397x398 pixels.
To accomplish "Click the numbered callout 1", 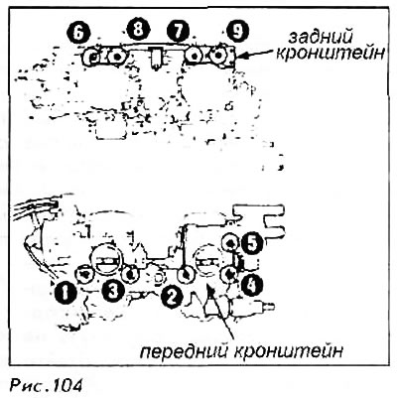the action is (66, 293).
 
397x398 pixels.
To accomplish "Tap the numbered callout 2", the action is (171, 297).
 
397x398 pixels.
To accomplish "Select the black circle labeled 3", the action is (113, 290).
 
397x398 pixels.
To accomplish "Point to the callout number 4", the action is (251, 284).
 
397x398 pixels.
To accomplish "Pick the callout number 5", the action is (251, 244).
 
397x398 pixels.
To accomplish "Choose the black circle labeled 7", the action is (179, 31).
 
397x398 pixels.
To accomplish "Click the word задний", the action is (320, 38).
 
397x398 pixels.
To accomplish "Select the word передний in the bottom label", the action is (185, 351).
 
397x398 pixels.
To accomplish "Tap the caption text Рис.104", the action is (46, 385).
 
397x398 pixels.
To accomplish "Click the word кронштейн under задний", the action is (331, 54).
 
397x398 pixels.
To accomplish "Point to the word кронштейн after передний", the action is (289, 351).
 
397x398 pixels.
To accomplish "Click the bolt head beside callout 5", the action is (229, 243).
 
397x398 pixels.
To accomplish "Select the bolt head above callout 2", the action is (185, 274).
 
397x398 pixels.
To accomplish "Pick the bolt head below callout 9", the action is (218, 56).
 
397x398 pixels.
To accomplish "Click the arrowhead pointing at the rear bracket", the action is (241, 57).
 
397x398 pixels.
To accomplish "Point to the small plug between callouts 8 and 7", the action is (155, 58).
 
